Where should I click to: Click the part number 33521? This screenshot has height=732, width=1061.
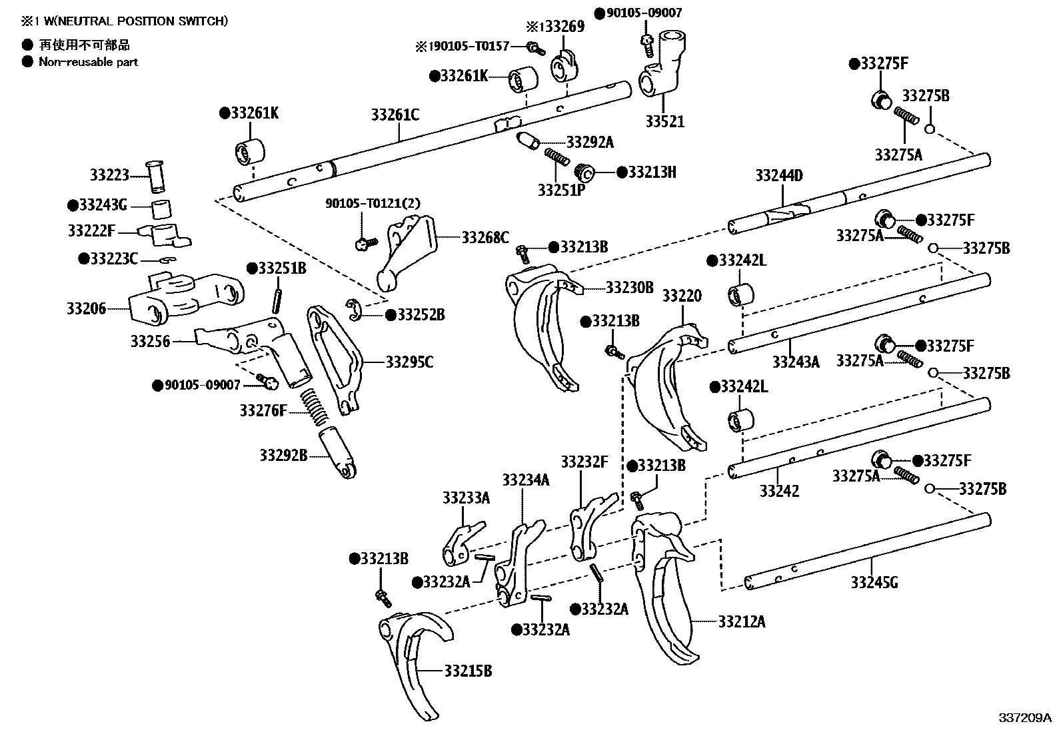[664, 122]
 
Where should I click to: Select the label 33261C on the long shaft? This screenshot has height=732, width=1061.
[395, 115]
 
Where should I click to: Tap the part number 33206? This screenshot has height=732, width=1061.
[86, 309]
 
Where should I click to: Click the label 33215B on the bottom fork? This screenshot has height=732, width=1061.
[468, 671]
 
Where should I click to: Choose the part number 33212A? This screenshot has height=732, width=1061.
[742, 622]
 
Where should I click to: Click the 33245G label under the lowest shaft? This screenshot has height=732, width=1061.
[874, 583]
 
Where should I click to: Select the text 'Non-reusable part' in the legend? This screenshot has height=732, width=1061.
[88, 62]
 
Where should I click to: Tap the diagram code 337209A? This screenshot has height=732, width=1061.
[1024, 717]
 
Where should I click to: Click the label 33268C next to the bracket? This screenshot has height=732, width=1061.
[485, 237]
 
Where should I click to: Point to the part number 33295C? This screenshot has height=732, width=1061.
[409, 362]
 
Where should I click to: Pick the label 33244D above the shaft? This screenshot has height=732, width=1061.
[778, 177]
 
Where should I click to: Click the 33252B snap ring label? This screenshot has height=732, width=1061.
[421, 315]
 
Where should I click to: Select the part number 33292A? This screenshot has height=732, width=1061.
[590, 142]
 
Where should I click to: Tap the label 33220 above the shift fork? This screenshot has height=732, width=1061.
[681, 296]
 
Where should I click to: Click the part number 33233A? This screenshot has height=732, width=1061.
[466, 498]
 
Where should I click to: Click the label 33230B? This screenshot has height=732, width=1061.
[629, 288]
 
